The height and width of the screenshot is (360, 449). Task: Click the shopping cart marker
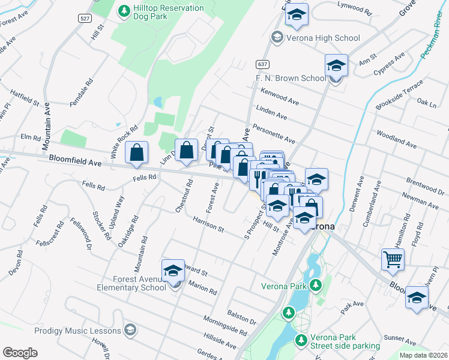393,260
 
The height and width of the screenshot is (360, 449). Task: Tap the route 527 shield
85,19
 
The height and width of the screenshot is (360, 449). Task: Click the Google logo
20,352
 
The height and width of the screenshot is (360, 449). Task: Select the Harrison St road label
208,225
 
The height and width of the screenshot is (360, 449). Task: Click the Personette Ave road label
274,133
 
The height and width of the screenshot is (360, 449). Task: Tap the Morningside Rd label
225,325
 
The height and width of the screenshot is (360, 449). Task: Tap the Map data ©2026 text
423,355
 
